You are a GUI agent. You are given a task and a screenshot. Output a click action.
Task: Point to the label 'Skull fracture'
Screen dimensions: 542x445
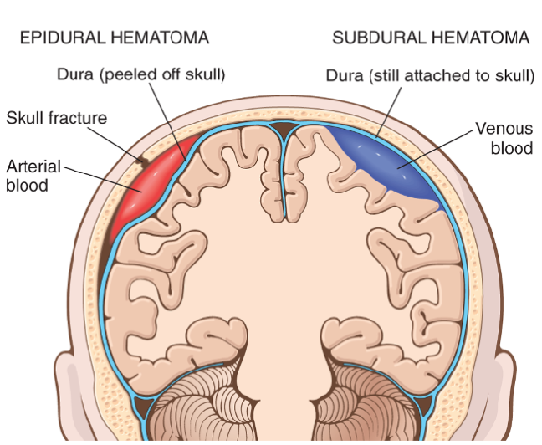pyautogui.click(x=57, y=118)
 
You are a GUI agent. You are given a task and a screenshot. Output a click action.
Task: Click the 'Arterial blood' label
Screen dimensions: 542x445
pyautogui.click(x=33, y=176)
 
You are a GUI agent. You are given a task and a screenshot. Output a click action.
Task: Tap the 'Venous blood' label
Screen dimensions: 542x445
pyautogui.click(x=505, y=138)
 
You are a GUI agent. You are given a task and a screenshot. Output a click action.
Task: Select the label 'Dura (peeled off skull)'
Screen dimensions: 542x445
pyautogui.click(x=141, y=74)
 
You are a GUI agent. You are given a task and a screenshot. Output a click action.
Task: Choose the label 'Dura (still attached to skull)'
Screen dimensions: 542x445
pyautogui.click(x=430, y=75)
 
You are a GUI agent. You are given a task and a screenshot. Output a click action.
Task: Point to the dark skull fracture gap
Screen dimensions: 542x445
pyautogui.click(x=141, y=161)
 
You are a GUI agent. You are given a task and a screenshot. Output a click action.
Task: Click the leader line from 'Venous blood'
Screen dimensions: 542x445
pyautogui.click(x=435, y=149)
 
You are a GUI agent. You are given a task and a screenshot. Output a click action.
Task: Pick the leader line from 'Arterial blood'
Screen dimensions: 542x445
pyautogui.click(x=102, y=179)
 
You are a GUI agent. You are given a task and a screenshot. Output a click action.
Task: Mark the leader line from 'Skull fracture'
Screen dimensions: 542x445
pyautogui.click(x=115, y=143)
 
